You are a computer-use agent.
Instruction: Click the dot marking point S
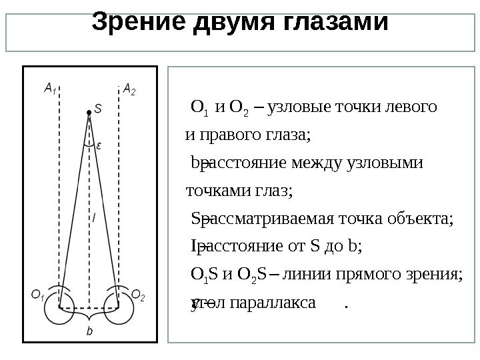coord(87,112)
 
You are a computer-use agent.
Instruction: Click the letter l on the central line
coord(93,217)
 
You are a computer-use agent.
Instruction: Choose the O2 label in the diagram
coord(137,294)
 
